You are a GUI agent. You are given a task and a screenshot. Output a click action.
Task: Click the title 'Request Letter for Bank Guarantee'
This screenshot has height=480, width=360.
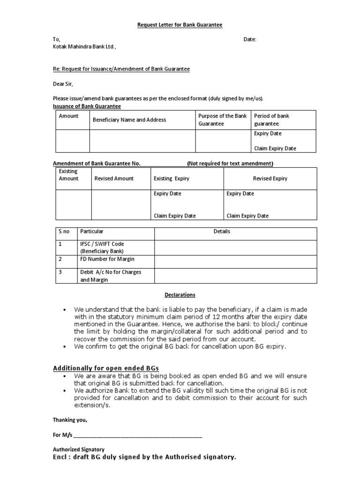pos(180,25)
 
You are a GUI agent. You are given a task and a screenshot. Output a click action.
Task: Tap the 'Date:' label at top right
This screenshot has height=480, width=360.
pos(250,39)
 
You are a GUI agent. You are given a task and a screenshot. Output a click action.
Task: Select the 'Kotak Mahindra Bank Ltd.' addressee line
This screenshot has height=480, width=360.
pos(84,47)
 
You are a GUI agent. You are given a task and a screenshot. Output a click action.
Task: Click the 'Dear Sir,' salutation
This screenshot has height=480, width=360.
pos(63,84)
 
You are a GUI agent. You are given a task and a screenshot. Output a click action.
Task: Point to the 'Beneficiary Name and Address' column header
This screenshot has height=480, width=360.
pos(129,120)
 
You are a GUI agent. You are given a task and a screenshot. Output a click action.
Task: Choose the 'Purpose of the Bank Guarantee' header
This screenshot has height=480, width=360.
pos(222,120)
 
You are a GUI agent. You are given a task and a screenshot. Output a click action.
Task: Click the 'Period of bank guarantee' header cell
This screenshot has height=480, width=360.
pos(271,120)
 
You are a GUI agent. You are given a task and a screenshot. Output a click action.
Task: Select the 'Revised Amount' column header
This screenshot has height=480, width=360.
pos(114,179)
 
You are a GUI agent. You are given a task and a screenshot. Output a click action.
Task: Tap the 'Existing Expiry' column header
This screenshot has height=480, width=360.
pos(172,179)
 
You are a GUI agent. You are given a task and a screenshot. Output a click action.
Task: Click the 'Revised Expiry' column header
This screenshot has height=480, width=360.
pos(270,179)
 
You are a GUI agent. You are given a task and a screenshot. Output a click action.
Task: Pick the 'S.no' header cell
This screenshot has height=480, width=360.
pos(63,232)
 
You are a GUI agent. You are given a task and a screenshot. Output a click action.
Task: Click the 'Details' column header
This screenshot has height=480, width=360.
pos(222,232)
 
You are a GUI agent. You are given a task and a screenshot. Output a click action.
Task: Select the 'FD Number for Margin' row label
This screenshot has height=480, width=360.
pos(107,259)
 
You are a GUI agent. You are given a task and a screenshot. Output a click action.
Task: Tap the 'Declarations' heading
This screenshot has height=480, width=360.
pos(180,295)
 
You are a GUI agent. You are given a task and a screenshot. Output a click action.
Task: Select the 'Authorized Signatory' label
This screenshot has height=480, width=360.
pos(78,449)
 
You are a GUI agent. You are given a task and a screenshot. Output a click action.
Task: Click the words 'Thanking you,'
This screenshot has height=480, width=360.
pos(70,420)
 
